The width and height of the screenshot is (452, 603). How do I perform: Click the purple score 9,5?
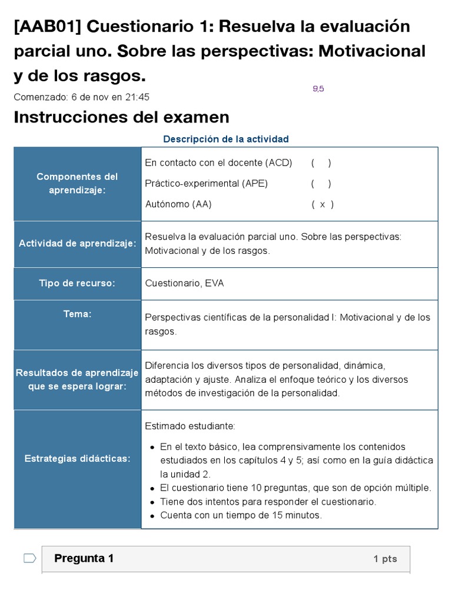point(318,89)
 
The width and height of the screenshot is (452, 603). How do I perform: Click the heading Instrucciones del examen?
point(121,117)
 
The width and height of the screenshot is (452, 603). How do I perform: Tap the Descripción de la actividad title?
point(225,139)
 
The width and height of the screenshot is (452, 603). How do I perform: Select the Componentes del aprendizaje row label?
point(77,184)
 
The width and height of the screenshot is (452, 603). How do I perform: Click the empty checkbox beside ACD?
point(321,163)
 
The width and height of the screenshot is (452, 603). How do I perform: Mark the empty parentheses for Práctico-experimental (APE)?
point(321,184)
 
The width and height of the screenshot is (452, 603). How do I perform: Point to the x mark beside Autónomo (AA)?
point(322,204)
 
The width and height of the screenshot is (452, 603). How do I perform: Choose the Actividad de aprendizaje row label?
point(77,244)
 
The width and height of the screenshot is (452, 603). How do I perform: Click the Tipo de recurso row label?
point(77,283)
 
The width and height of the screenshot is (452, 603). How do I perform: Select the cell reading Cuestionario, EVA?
point(184,283)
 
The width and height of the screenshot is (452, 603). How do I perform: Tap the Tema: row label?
point(77,314)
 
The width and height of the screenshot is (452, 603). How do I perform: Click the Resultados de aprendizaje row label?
point(77,380)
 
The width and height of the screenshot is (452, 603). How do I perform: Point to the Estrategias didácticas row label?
point(77,458)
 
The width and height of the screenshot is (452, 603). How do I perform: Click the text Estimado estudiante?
point(190,426)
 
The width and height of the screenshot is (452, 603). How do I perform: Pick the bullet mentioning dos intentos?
point(268,502)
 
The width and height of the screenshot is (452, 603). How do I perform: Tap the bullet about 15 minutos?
point(241,515)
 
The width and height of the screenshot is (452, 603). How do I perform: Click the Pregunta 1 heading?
point(84,558)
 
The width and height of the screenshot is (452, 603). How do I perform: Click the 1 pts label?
point(385,559)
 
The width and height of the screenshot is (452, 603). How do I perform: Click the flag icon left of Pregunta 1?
point(29,558)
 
